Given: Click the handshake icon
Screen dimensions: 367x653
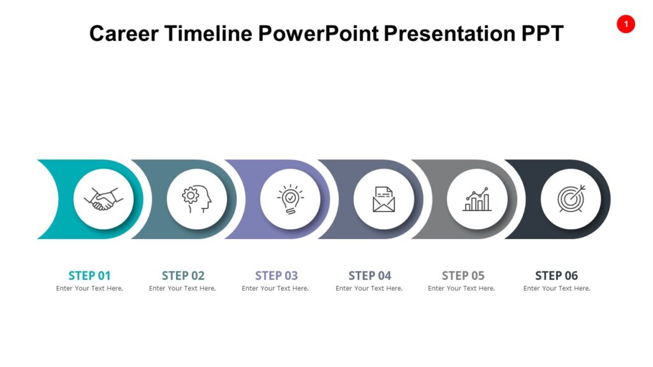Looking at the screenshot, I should [103, 199].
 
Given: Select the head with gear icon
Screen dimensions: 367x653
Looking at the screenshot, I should [196, 199].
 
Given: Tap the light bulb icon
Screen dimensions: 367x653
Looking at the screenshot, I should [290, 199].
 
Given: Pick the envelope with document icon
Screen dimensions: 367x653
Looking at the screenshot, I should [383, 199].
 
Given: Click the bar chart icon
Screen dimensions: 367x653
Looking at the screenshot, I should [477, 199].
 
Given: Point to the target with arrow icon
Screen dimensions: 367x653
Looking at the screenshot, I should [571, 199].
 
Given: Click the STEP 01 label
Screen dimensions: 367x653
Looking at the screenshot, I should [89, 276].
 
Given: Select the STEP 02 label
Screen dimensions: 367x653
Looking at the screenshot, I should [183, 276].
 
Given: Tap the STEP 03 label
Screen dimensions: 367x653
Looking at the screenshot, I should [276, 276].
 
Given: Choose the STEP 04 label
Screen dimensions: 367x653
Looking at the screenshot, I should [370, 276].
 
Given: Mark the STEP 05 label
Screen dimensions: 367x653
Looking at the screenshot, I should [463, 276].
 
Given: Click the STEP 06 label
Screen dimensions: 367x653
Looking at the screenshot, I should [556, 276].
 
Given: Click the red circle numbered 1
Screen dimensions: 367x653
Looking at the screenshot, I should [626, 24].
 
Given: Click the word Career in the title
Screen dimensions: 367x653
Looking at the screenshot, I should [124, 33].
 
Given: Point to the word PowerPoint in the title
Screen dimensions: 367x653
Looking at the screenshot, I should [319, 33].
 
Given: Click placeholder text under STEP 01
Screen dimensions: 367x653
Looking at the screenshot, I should [89, 289].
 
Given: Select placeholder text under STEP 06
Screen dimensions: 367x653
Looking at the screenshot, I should [557, 289].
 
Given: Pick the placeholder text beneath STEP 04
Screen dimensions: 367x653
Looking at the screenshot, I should [369, 289].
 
